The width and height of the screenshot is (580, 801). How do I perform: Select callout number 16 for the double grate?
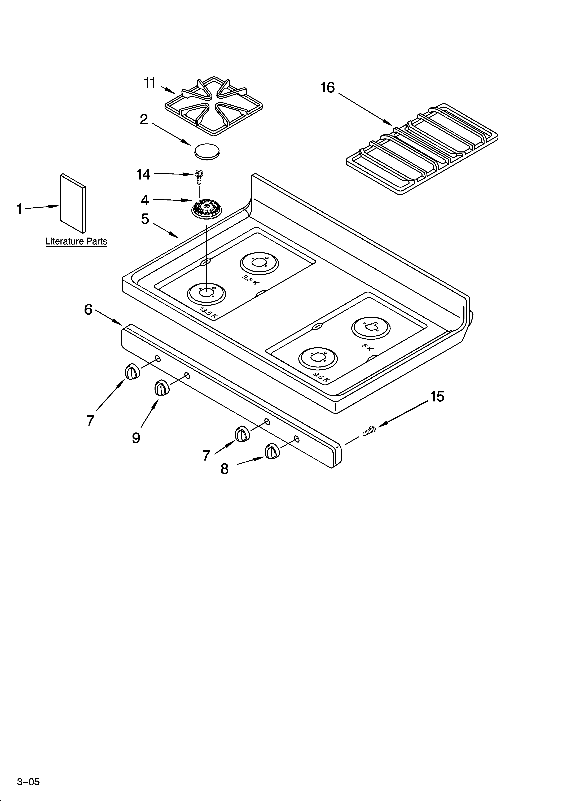[327, 88]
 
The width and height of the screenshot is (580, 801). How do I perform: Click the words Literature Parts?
[76, 242]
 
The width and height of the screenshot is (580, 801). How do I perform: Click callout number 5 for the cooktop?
[145, 219]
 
